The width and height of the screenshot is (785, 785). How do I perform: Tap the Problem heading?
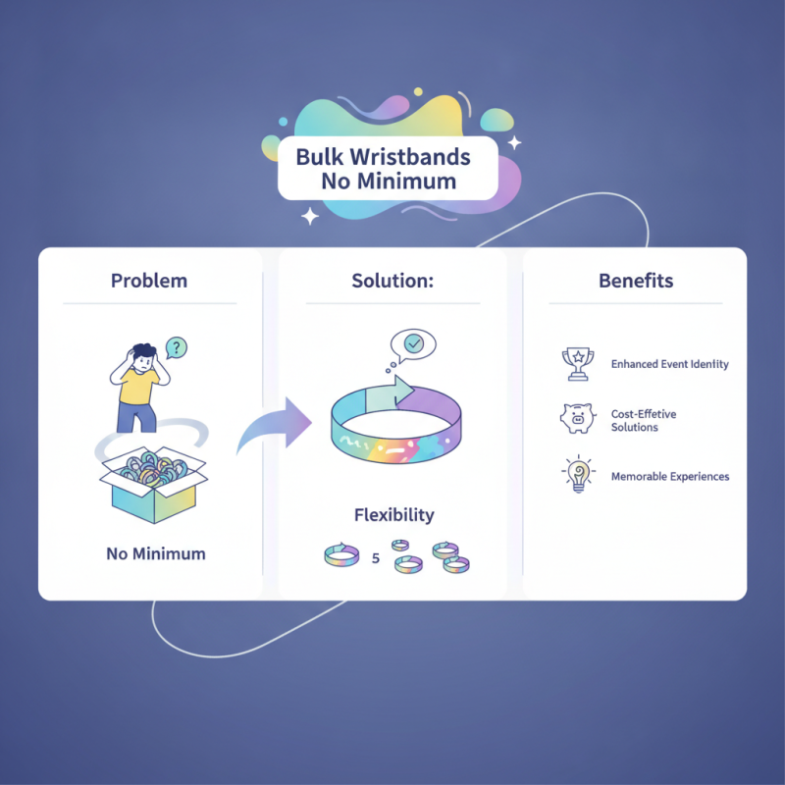pyautogui.click(x=149, y=281)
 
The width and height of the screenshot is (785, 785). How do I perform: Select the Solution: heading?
pyautogui.click(x=392, y=281)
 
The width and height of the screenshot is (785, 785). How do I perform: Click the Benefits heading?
pyautogui.click(x=636, y=281)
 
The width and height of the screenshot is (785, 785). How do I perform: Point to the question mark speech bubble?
pyautogui.click(x=176, y=347)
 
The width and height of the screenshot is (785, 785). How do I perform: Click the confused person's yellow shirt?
pyautogui.click(x=136, y=386)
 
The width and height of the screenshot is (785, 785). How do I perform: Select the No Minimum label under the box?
pyautogui.click(x=156, y=553)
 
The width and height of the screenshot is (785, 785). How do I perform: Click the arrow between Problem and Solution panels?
pyautogui.click(x=275, y=425)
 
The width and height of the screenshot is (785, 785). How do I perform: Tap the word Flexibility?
pyautogui.click(x=394, y=515)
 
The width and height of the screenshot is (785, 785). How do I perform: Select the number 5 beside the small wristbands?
pyautogui.click(x=376, y=558)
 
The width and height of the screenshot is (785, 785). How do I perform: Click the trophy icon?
pyautogui.click(x=578, y=364)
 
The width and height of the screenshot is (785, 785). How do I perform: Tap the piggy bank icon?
pyautogui.click(x=578, y=418)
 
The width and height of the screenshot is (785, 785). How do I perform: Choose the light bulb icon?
pyautogui.click(x=579, y=474)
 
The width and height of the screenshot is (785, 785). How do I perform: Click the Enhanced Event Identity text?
pyautogui.click(x=670, y=364)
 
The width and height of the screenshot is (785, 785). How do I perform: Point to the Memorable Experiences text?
pyautogui.click(x=670, y=477)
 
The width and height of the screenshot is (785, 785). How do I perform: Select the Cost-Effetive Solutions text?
pyautogui.click(x=644, y=421)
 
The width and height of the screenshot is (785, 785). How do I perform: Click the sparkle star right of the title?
pyautogui.click(x=514, y=142)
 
